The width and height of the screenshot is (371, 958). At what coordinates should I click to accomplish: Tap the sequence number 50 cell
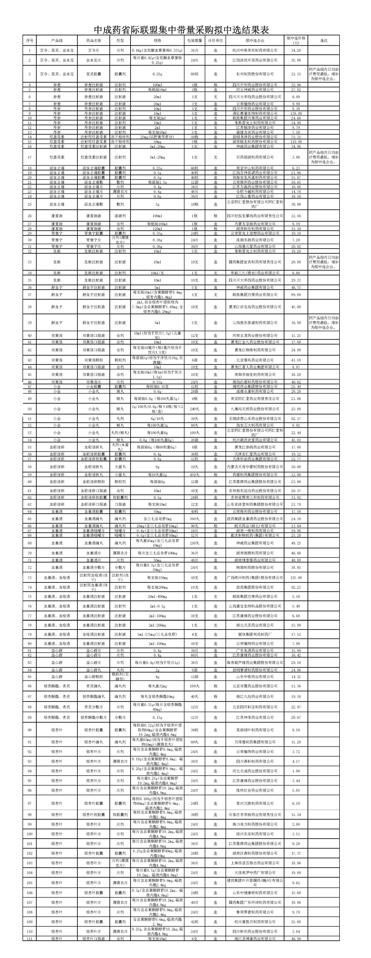[x=30, y=409]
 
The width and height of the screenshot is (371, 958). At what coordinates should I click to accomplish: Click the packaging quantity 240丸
[x=194, y=409]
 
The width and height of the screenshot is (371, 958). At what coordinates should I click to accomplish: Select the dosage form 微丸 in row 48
[x=120, y=391]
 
